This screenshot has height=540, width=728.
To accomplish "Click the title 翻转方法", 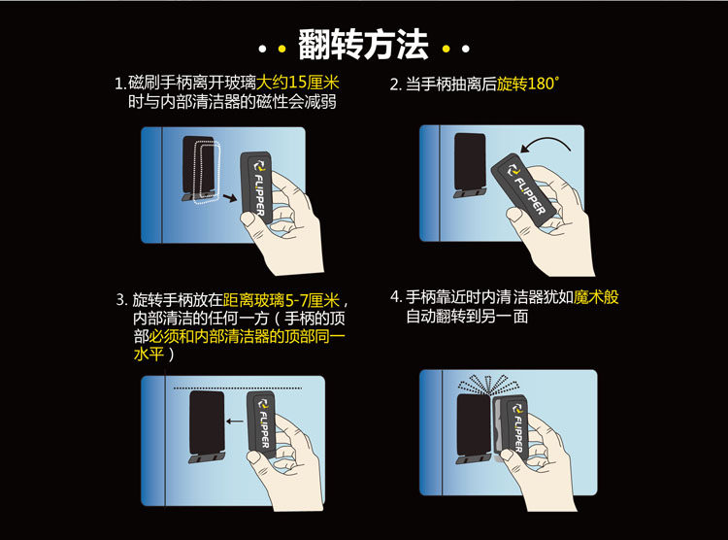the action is click(363, 44).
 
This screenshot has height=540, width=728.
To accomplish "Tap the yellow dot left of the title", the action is click(281, 48).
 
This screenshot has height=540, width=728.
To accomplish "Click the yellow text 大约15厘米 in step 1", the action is click(298, 83).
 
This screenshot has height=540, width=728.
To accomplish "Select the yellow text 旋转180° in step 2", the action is click(527, 84).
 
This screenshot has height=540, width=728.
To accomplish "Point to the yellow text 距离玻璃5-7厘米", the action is click(281, 300).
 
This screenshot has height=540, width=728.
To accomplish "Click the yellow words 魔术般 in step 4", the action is click(596, 297).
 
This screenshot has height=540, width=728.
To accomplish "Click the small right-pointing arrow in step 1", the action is click(230, 197).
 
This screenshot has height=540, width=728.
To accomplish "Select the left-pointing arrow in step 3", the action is click(235, 422).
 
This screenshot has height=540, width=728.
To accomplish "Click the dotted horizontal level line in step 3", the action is click(238, 388).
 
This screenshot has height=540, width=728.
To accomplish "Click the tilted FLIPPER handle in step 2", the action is click(523, 189).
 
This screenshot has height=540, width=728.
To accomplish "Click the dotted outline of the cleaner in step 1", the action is click(206, 172).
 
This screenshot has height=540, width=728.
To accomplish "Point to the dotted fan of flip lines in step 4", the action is click(487, 384).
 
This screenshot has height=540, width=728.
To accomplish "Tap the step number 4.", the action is click(395, 297).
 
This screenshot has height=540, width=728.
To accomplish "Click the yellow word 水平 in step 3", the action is click(149, 354).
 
